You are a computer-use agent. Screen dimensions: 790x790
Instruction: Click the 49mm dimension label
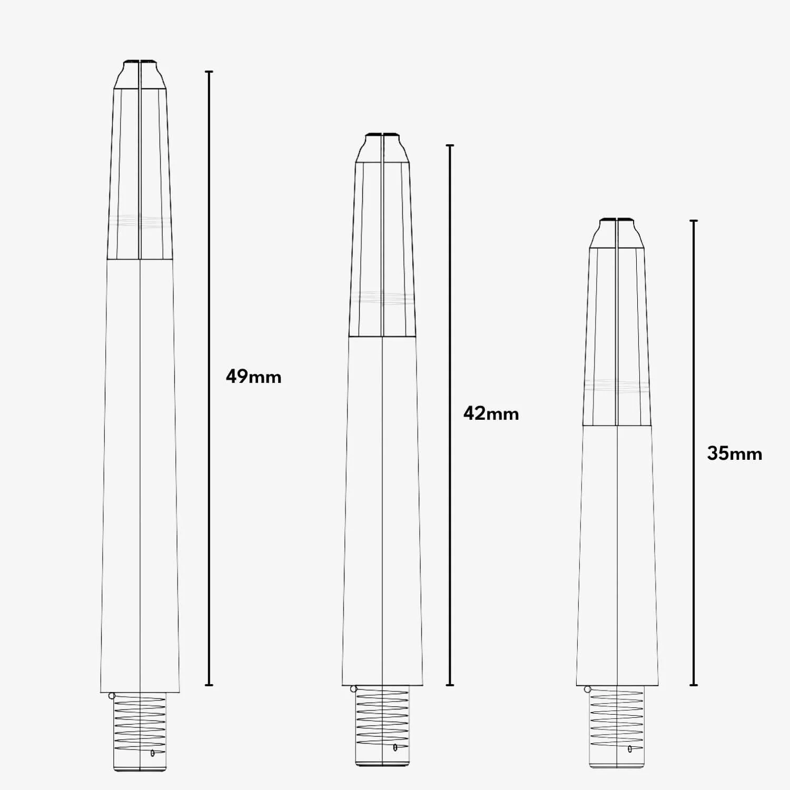click(x=253, y=377)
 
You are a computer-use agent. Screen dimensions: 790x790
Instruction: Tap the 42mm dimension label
click(x=491, y=413)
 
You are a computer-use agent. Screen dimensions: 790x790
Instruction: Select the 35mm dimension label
click(x=734, y=453)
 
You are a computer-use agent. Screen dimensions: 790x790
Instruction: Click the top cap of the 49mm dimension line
click(x=209, y=72)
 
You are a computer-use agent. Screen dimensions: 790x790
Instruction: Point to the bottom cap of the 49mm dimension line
click(x=209, y=685)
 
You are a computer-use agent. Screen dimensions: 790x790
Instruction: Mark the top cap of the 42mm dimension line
click(x=450, y=145)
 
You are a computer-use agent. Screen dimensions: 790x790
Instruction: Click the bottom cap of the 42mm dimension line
click(x=450, y=685)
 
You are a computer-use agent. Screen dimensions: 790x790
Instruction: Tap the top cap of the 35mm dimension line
click(x=694, y=221)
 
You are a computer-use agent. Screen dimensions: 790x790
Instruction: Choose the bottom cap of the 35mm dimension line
click(x=694, y=685)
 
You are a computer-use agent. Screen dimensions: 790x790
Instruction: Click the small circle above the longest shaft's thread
click(x=112, y=696)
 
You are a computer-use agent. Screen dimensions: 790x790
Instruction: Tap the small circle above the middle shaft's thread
click(x=353, y=689)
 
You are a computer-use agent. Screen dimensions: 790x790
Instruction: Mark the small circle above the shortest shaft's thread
click(x=588, y=689)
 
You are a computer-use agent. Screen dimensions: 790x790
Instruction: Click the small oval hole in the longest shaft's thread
click(x=153, y=753)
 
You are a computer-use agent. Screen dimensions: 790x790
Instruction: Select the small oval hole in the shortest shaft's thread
click(x=630, y=749)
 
